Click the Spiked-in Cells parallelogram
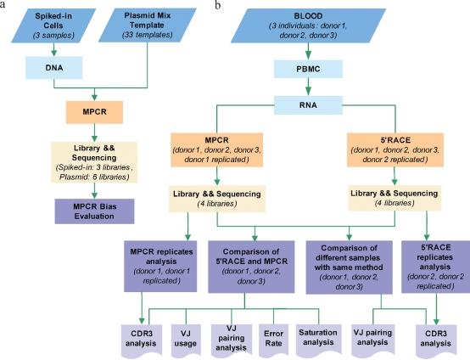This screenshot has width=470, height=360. [53, 25]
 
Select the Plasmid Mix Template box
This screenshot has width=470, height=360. [148, 25]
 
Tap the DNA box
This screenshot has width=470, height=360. [54, 68]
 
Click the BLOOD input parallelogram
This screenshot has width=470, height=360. [308, 25]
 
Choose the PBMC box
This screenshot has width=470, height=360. [308, 69]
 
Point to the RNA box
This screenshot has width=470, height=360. [308, 105]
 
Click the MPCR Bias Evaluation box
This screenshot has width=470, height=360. [94, 211]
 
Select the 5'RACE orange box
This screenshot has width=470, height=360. [395, 149]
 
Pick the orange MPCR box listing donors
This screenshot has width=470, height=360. [216, 149]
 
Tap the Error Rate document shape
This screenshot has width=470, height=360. [273, 340]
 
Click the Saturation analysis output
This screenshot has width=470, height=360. [318, 340]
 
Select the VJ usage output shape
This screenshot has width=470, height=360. [186, 340]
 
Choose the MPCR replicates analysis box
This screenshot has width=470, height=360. [160, 266]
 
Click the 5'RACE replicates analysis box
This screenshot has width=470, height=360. [435, 267]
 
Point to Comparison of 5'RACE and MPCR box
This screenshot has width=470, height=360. [251, 267]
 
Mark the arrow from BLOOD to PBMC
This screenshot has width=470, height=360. [308, 51]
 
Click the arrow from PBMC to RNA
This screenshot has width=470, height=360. [308, 87]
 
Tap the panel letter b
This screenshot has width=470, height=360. [218, 5]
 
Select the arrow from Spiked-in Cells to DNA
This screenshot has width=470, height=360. [54, 50]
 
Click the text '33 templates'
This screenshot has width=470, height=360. [147, 35]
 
